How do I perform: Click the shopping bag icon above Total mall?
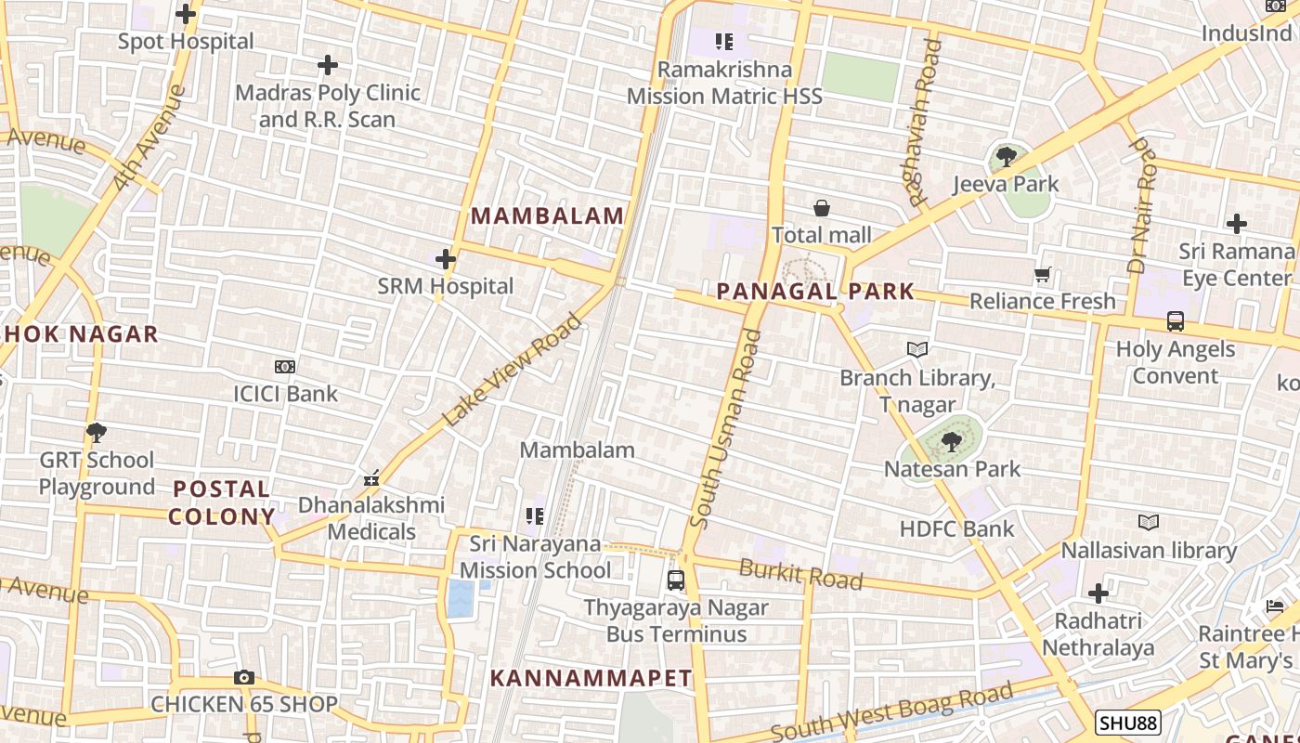822,208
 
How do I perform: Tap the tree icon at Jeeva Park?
1006,157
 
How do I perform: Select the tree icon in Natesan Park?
951,442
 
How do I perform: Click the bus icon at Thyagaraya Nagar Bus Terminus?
676,580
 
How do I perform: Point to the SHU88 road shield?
1127,723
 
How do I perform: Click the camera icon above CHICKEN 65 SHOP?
244,677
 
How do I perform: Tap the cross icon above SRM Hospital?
446,259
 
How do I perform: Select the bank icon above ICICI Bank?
285,367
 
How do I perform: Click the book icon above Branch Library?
917,350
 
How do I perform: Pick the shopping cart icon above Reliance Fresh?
1043,275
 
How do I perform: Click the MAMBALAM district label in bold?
548,216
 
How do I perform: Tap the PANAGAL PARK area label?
815,292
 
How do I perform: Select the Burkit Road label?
800,574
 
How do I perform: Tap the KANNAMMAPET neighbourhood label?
591,678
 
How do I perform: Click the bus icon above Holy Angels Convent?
1176,321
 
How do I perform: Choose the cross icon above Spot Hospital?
186,14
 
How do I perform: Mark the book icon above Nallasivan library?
1149,523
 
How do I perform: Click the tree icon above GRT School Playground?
96,433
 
